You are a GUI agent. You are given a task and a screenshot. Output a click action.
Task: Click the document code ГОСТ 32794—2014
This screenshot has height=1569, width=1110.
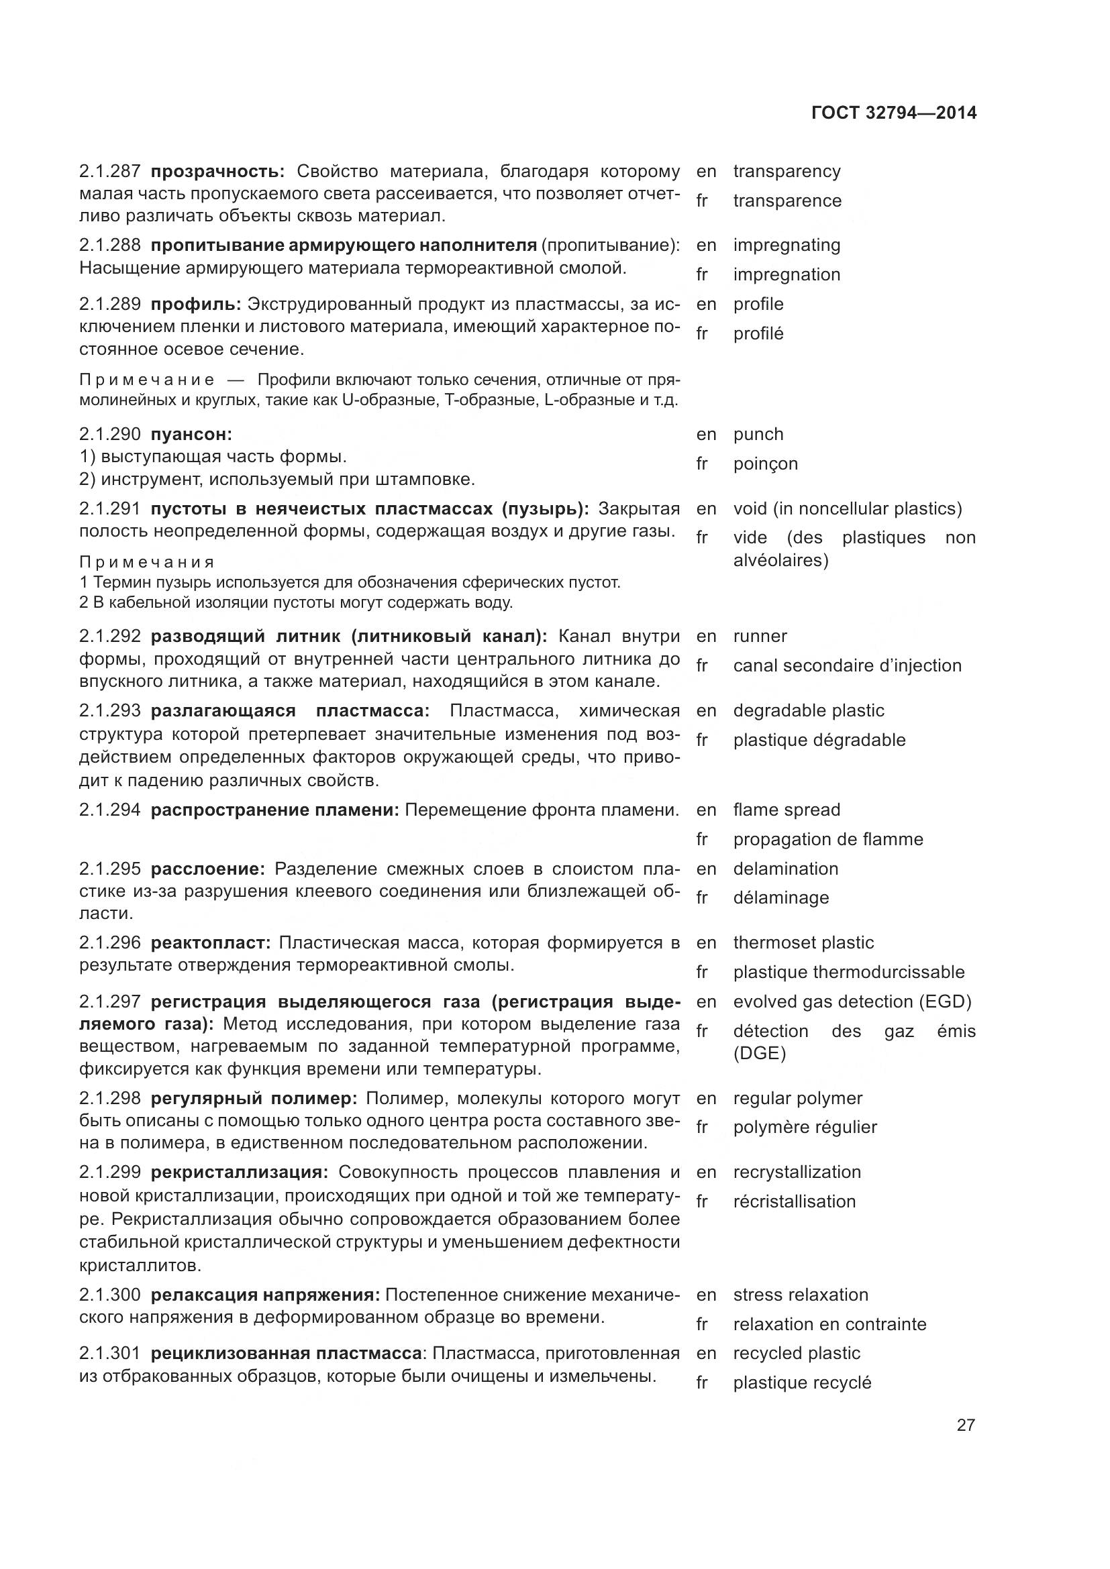(x=893, y=113)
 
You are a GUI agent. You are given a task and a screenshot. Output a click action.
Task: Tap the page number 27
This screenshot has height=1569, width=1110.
(x=965, y=1425)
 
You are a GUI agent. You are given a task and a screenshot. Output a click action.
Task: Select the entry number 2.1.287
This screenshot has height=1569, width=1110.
(x=110, y=171)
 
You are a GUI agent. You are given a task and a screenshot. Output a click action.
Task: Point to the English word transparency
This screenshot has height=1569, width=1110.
(x=786, y=171)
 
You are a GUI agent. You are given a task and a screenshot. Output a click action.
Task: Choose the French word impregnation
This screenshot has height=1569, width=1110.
(x=786, y=275)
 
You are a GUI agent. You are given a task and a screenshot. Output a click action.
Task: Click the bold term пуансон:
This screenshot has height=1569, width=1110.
(x=191, y=434)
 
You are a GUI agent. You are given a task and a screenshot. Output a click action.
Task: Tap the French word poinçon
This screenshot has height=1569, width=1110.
(x=765, y=464)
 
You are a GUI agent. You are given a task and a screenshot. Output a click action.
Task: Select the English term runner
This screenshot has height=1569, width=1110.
(x=760, y=636)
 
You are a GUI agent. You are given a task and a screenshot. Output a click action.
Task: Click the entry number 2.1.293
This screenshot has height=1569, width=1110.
(x=110, y=710)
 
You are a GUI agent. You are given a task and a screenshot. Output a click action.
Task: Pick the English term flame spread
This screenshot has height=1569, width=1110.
(x=786, y=810)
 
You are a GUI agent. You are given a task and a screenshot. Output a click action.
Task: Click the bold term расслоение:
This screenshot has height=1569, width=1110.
(x=207, y=869)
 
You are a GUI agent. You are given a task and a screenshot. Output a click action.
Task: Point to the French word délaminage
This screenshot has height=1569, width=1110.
(x=780, y=898)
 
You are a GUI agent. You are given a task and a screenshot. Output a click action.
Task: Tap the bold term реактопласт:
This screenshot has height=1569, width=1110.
(x=211, y=942)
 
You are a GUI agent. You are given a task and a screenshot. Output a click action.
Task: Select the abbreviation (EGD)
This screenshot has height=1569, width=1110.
(x=946, y=1002)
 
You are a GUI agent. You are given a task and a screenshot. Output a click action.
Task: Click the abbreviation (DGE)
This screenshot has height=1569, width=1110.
(x=759, y=1053)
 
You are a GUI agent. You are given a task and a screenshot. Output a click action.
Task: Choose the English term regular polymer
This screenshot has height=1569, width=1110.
(x=797, y=1098)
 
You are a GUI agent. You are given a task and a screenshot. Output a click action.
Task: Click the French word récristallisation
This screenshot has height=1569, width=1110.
(x=793, y=1201)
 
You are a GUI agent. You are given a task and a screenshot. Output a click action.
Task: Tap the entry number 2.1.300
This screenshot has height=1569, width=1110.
(x=110, y=1295)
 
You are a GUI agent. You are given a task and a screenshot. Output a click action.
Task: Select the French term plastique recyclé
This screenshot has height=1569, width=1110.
(x=802, y=1383)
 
